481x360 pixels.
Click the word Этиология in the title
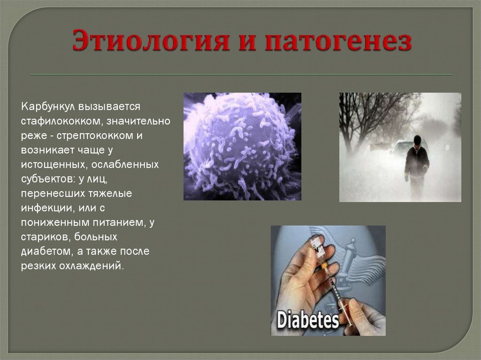pyautogui.click(x=151, y=40)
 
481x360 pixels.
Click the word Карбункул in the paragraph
pyautogui.click(x=48, y=107)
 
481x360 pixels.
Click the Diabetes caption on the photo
pyautogui.click(x=308, y=320)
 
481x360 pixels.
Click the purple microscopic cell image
pyautogui.click(x=242, y=146)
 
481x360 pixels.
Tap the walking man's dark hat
pyautogui.click(x=417, y=139)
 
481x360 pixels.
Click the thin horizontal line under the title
pyautogui.click(x=241, y=75)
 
